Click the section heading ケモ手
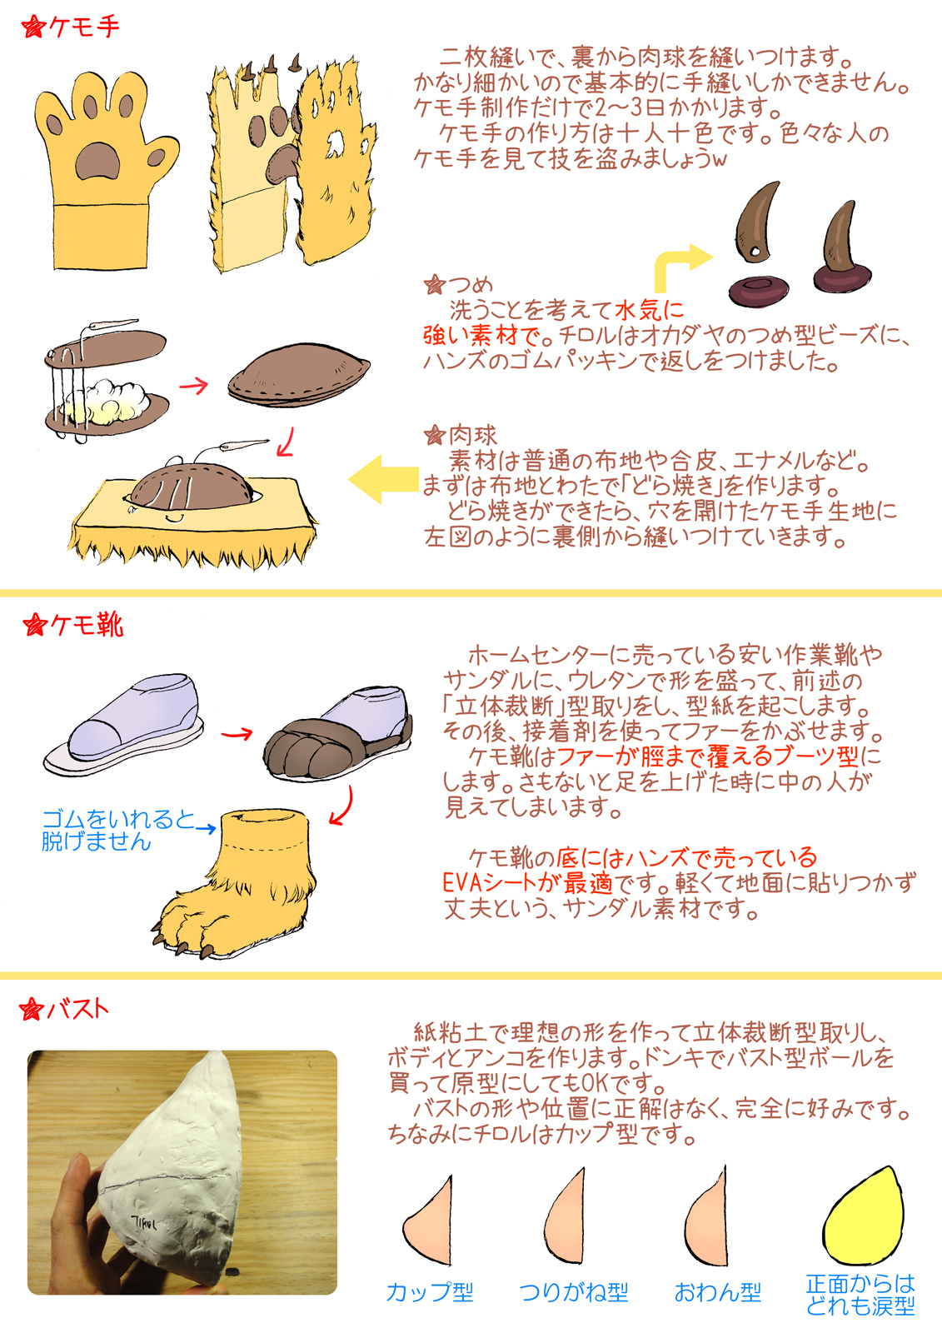[83, 27]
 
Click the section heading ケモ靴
[87, 625]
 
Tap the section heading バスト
[78, 1009]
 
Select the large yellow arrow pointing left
[384, 479]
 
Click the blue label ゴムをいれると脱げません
[117, 830]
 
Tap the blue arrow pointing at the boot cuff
[206, 828]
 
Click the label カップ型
[430, 1292]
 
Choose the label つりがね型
[574, 1292]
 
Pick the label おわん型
[718, 1292]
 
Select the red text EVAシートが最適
[528, 883]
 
